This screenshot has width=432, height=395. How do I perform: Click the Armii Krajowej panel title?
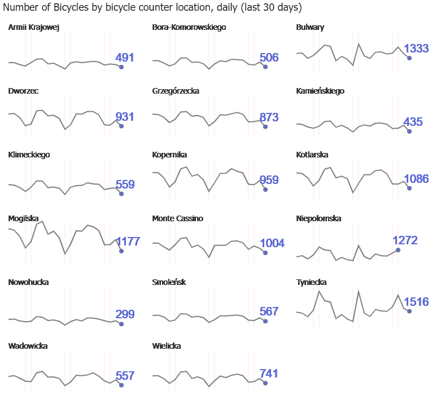click(34, 27)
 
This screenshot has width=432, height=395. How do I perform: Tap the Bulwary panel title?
click(310, 27)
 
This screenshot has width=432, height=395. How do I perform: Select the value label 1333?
click(416, 49)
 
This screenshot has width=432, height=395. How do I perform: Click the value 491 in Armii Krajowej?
click(125, 58)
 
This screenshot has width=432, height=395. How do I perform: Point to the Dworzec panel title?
click(23, 91)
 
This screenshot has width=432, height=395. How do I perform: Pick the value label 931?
click(125, 117)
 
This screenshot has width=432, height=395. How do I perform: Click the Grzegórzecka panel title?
click(176, 91)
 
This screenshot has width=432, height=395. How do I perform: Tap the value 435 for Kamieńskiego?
click(413, 122)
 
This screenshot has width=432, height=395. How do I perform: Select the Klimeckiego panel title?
click(29, 155)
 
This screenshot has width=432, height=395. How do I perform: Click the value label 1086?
click(416, 179)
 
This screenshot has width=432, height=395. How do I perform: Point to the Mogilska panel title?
click(23, 218)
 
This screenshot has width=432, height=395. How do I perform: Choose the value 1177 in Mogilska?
click(128, 242)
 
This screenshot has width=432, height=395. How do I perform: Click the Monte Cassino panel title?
click(177, 218)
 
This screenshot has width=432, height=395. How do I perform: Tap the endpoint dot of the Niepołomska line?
click(398, 249)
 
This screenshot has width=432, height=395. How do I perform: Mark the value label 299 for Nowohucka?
click(125, 314)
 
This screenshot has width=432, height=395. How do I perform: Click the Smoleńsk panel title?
click(169, 282)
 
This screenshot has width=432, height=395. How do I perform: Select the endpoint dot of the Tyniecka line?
click(409, 311)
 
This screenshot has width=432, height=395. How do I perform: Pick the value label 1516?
click(416, 302)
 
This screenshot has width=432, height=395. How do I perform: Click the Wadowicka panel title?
click(28, 346)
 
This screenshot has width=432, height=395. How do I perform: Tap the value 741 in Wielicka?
click(269, 373)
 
